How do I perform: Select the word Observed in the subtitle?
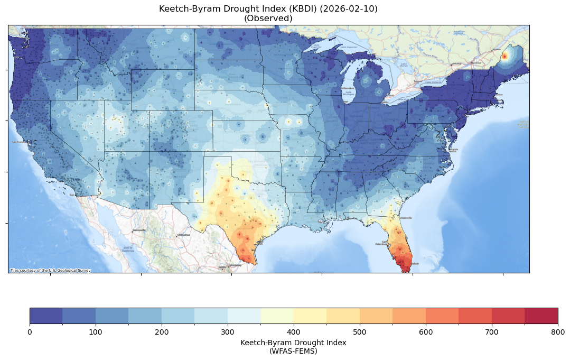[268, 19]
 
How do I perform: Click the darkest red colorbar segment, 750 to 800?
[541, 316]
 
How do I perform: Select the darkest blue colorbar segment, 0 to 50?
[46, 316]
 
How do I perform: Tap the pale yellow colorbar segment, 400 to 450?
[310, 316]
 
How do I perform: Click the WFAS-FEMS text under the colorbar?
[293, 350]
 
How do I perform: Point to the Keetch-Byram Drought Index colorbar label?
[293, 343]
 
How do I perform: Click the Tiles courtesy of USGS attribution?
[50, 271]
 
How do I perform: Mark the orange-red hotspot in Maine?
[504, 56]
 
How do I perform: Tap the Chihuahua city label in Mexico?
[183, 235]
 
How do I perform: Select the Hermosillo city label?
[139, 230]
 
